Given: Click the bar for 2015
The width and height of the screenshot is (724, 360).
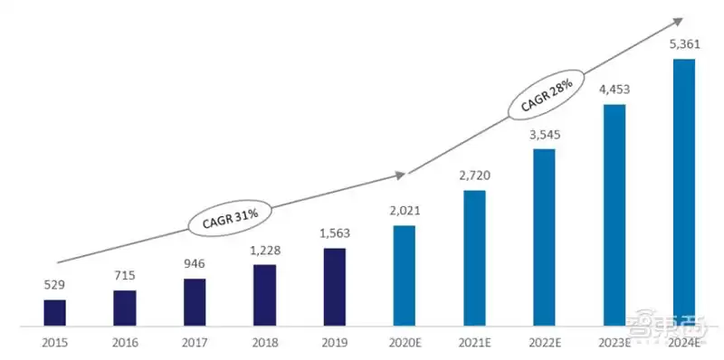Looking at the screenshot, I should [x=55, y=312].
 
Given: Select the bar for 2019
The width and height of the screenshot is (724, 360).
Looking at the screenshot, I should [x=335, y=287].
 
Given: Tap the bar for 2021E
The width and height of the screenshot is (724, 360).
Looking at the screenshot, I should [x=474, y=258].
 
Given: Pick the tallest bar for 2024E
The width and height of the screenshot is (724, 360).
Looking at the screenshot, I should [x=684, y=192].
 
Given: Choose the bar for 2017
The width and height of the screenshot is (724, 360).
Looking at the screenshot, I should [x=195, y=302].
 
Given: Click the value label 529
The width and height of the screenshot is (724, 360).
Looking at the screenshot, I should [x=55, y=285].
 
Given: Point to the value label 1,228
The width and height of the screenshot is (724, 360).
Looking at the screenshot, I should [x=264, y=251].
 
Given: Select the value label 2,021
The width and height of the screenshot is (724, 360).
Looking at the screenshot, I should [x=405, y=212].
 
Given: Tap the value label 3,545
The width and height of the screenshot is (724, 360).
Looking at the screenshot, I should [x=544, y=135].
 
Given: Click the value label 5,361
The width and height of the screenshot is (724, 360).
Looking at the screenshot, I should [x=684, y=45].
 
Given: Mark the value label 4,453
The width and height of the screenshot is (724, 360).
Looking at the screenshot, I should [x=614, y=90].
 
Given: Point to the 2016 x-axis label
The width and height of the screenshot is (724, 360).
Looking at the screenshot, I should [x=125, y=343].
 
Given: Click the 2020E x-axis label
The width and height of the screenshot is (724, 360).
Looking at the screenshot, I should [x=405, y=343].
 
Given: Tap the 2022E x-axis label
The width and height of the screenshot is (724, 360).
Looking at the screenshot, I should [x=544, y=343].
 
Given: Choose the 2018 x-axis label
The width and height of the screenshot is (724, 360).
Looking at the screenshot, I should [x=264, y=343].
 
